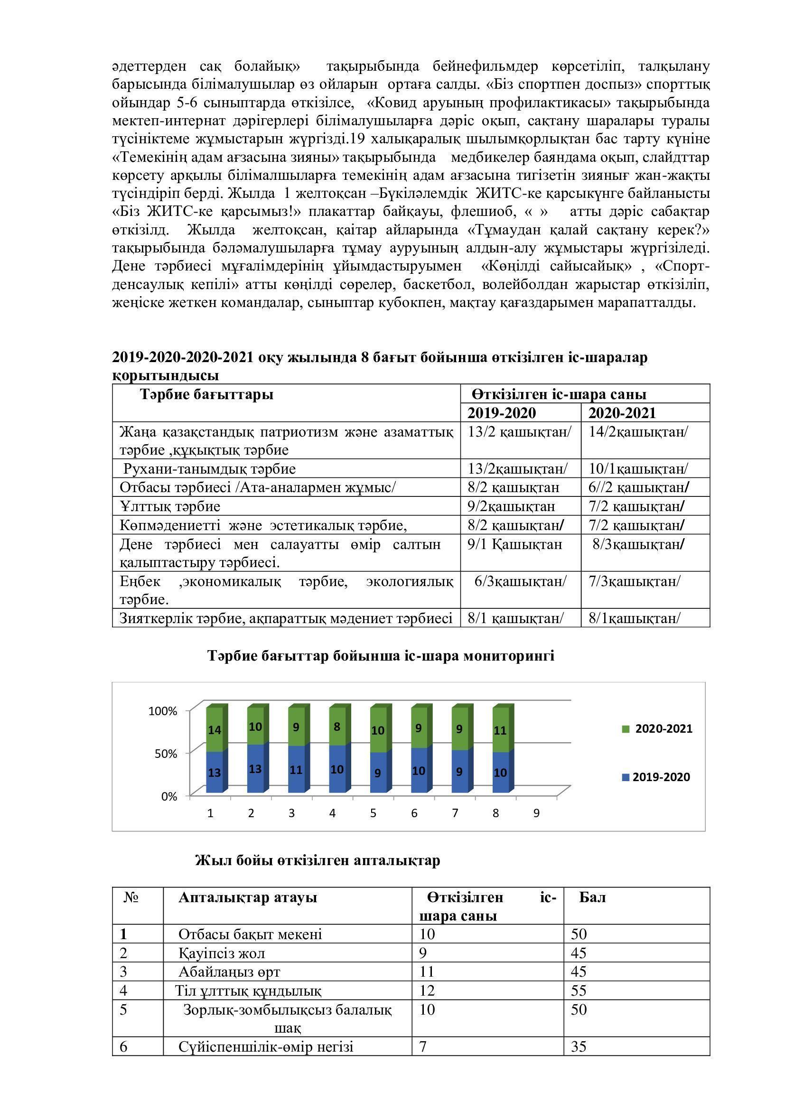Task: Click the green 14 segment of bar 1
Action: tap(214, 729)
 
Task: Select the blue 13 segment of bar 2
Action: tap(255, 768)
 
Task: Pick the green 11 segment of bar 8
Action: tap(500, 730)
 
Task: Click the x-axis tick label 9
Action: tap(536, 813)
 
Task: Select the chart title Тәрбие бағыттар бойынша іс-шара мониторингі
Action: tap(381, 655)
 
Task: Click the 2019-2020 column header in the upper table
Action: tap(502, 413)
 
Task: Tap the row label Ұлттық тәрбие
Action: tap(170, 506)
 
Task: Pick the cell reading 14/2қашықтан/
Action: tap(637, 432)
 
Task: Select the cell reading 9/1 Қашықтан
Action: tap(515, 544)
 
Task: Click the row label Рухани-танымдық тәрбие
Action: tap(209, 469)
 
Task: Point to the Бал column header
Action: tap(592, 898)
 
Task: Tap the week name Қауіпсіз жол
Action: tap(221, 953)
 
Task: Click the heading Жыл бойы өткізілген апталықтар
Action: tap(318, 860)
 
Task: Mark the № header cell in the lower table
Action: tap(131, 898)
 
